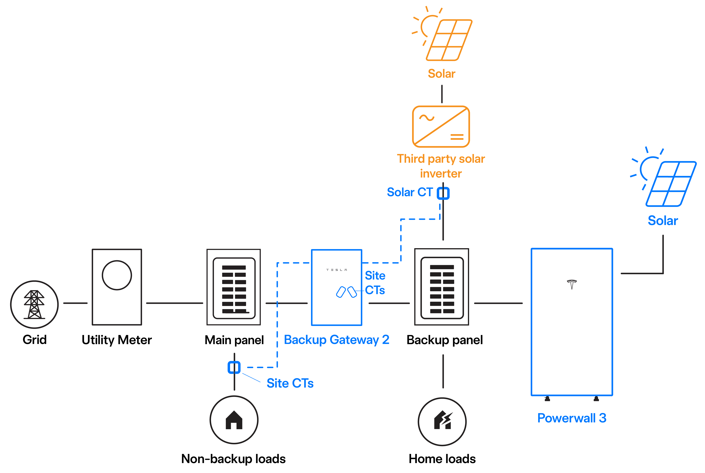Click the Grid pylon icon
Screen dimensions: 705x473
[x=35, y=304]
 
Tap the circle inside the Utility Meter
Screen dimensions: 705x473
[x=117, y=275]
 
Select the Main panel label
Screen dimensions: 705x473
[x=234, y=340]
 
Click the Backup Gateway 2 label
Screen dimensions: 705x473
[x=337, y=340]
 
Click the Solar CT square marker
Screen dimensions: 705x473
[x=443, y=193]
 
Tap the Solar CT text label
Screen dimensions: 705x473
[x=410, y=192]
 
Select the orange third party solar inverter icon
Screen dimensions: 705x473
[x=441, y=126]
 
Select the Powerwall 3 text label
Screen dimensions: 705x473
[x=572, y=418]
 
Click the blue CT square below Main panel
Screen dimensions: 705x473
[x=234, y=367]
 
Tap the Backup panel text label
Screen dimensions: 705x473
[x=445, y=340]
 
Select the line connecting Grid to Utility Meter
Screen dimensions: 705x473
[x=75, y=303]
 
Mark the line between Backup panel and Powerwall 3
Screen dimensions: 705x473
[x=498, y=303]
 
